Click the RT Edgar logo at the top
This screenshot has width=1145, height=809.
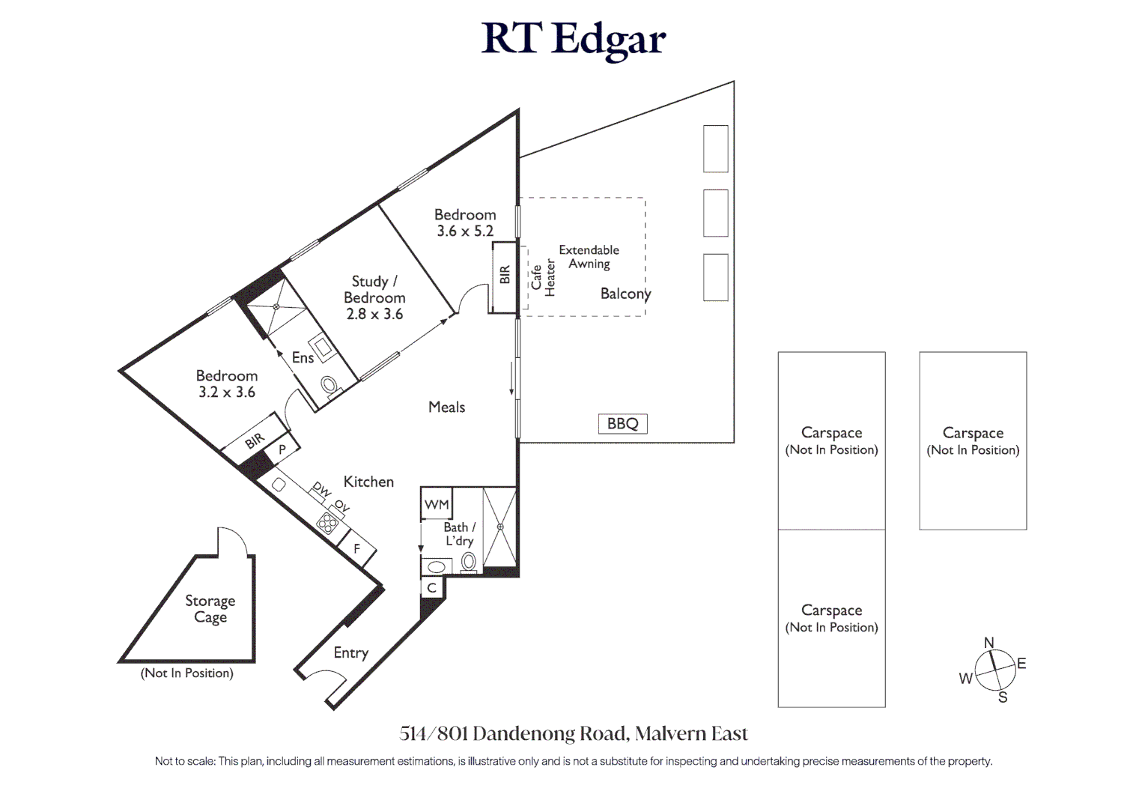coord(573,39)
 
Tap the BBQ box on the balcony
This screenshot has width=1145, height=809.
coord(622,424)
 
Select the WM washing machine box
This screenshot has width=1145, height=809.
coord(437,504)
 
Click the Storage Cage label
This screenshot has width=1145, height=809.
coord(210,609)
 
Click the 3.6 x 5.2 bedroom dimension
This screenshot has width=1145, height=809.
coord(465,231)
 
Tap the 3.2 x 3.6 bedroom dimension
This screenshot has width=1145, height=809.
coord(226,392)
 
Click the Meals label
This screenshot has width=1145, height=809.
coord(446,407)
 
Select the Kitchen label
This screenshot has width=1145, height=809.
coord(368,482)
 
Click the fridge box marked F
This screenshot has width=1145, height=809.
coord(356,549)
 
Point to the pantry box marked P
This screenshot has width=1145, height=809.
coord(282,450)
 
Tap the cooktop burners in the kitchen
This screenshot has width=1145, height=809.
coord(327,523)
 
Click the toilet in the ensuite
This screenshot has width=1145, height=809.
coord(329,386)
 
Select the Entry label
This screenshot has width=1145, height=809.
coord(350,652)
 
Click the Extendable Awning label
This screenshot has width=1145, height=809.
coord(589,257)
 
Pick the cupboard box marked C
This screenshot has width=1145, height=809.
coord(432,588)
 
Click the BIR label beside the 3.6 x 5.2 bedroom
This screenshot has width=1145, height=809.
coord(504,275)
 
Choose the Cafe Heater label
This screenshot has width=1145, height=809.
coord(543,278)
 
